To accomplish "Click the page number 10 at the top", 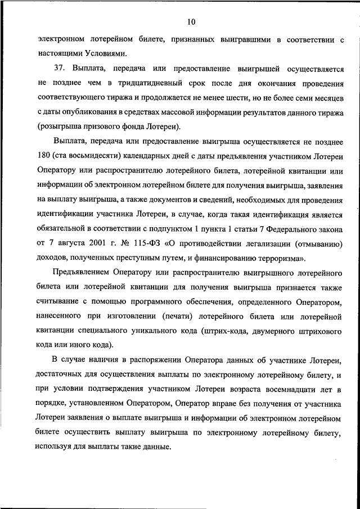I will (192, 22).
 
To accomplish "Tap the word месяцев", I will (326, 98).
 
